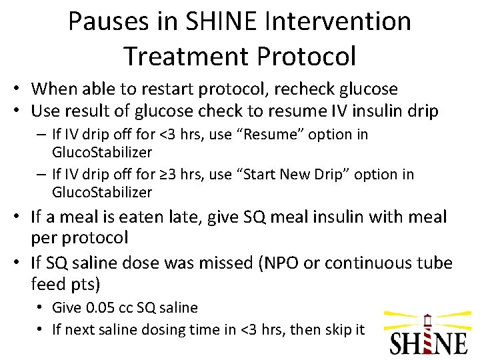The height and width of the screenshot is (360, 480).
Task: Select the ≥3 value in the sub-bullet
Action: tap(165, 175)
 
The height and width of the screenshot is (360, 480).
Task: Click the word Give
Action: tap(67, 308)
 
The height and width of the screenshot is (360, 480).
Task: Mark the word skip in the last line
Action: tap(337, 329)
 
